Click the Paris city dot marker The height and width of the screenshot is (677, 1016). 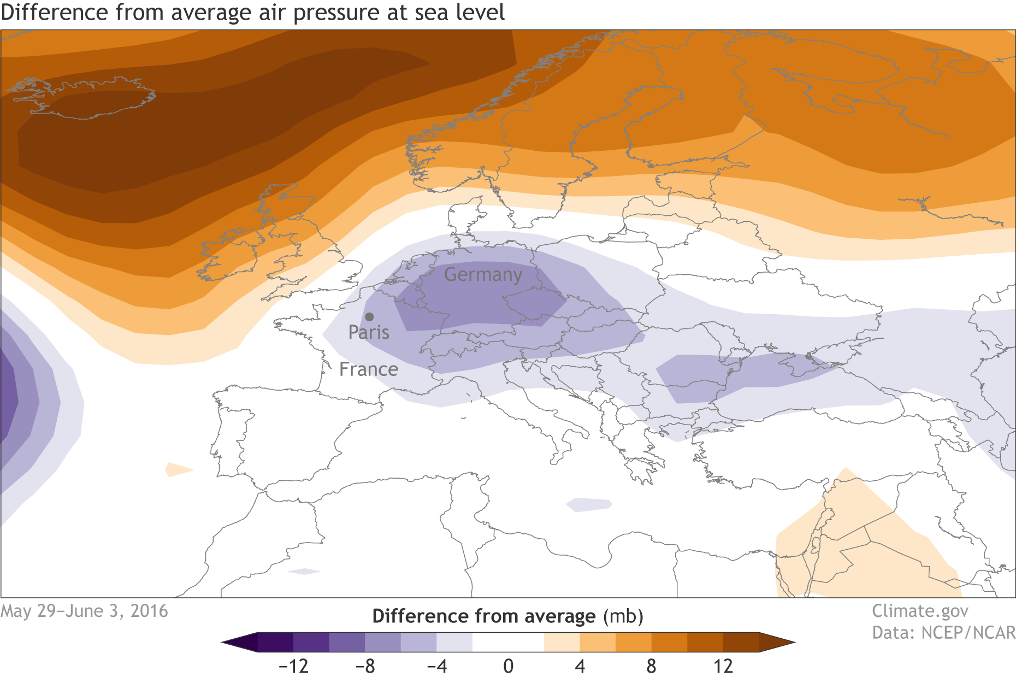point(369,317)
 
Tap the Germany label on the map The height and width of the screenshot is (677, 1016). point(483,274)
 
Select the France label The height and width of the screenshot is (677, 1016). point(369,369)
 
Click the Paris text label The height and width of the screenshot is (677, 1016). point(369,332)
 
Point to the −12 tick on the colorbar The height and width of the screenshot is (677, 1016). point(293,666)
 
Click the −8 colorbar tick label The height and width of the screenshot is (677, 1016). point(365,666)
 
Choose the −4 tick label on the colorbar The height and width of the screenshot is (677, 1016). point(436,666)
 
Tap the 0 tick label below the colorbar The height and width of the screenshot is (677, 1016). point(508,666)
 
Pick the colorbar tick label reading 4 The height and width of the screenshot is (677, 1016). point(580,666)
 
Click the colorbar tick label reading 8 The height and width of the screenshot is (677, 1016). point(651,666)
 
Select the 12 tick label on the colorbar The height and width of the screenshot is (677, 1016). point(723,666)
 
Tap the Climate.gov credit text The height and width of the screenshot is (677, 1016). point(920,611)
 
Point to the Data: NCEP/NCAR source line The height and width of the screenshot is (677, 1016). point(943,633)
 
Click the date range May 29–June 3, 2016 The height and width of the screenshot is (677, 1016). point(85,611)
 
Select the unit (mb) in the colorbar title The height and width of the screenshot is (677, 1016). point(623,616)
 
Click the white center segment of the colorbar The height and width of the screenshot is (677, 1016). point(508,642)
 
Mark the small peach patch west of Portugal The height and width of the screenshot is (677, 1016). point(178,469)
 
